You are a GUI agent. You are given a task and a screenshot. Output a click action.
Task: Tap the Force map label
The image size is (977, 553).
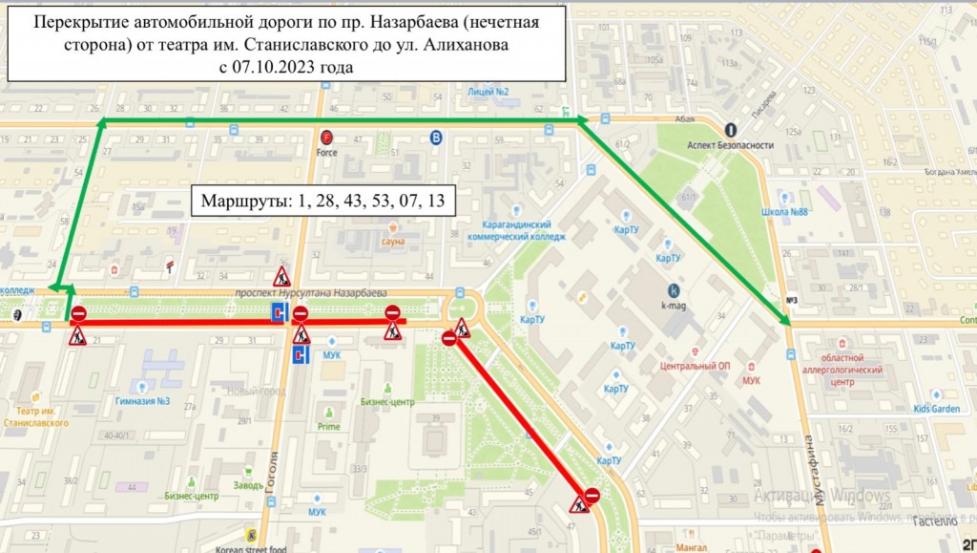tap(327, 152)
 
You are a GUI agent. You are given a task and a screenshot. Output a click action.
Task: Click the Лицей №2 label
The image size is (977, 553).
tap(488, 92)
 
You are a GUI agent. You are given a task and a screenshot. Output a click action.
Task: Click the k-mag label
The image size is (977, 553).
tap(675, 308)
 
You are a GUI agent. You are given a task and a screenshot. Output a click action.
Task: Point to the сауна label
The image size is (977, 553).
tap(393, 242)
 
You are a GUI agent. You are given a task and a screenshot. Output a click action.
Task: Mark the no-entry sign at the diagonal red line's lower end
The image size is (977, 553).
tap(592, 495)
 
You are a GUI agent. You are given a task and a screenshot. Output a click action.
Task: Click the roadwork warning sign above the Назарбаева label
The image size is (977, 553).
tap(281, 277)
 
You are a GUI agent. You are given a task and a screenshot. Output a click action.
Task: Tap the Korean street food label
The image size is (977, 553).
tap(250, 547)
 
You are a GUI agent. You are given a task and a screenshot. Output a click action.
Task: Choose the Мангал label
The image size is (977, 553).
tap(690, 547)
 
